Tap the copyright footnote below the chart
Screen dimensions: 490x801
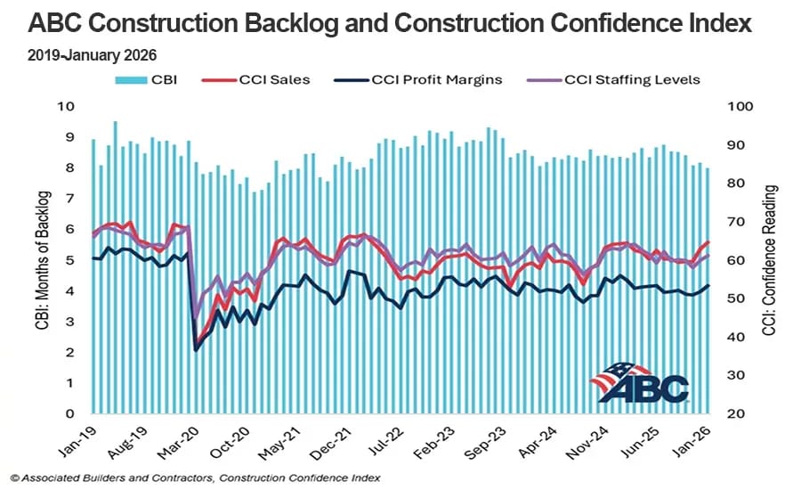tap(196, 478)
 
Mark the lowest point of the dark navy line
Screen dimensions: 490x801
tap(196, 349)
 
